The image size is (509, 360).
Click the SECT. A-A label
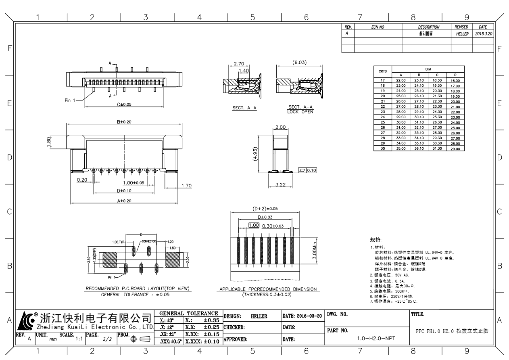pyautogui.click(x=241, y=108)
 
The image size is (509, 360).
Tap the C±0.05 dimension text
pyautogui.click(x=124, y=104)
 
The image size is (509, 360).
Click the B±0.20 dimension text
pyautogui.click(x=124, y=121)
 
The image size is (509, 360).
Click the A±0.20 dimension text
pyautogui.click(x=124, y=200)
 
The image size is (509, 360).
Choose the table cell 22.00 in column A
pyautogui.click(x=401, y=81)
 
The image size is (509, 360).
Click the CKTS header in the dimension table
pyautogui.click(x=382, y=71)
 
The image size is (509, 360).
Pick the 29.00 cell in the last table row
pyautogui.click(x=455, y=149)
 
